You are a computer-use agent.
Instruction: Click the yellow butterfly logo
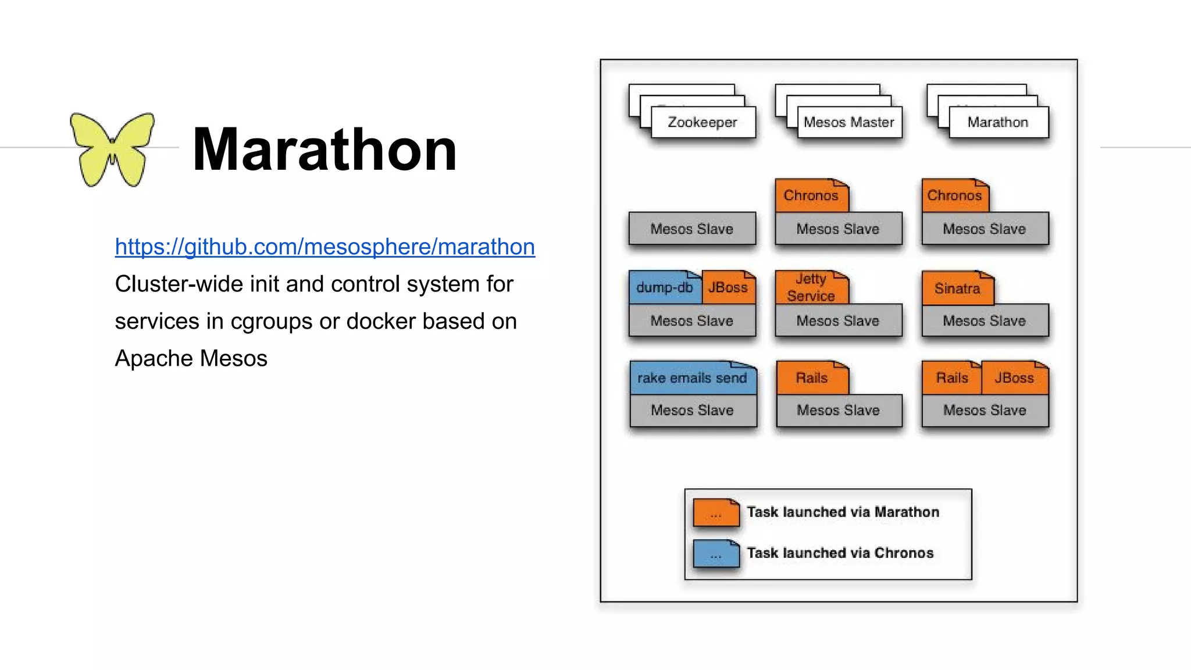[112, 149]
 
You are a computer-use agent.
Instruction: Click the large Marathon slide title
[325, 150]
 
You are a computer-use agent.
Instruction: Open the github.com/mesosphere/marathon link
[325, 247]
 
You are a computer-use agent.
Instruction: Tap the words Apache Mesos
[191, 358]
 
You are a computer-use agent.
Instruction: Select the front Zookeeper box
[703, 122]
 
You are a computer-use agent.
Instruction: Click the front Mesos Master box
[849, 122]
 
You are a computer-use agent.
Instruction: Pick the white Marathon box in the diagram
[998, 122]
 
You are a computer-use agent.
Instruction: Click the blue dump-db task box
[665, 288]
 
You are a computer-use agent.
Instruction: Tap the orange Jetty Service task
[811, 288]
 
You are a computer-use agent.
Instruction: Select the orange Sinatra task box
[957, 288]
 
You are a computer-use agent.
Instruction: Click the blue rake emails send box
[692, 378]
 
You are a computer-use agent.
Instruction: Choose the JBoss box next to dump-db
[728, 288]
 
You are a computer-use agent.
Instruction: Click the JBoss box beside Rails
[1014, 378]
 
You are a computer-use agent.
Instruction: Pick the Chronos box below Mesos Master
[811, 196]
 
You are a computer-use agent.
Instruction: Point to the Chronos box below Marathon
[955, 196]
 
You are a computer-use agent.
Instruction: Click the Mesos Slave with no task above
[692, 229]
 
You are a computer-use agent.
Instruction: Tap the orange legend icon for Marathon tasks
[716, 513]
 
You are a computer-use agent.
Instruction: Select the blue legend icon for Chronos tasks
[716, 554]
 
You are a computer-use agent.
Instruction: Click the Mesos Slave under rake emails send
[693, 411]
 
